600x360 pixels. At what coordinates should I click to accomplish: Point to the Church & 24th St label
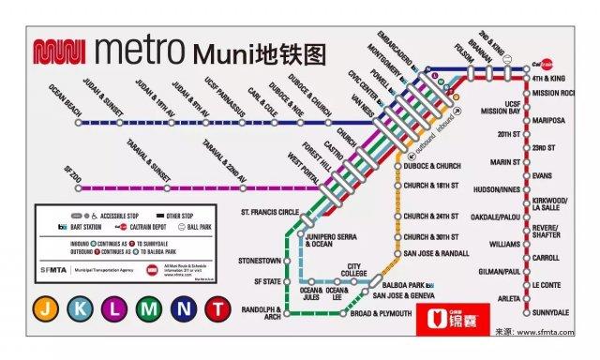[431, 217]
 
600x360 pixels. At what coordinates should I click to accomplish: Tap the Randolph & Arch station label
[259, 313]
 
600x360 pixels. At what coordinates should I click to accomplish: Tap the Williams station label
[503, 244]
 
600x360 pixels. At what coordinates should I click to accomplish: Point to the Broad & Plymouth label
[382, 313]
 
